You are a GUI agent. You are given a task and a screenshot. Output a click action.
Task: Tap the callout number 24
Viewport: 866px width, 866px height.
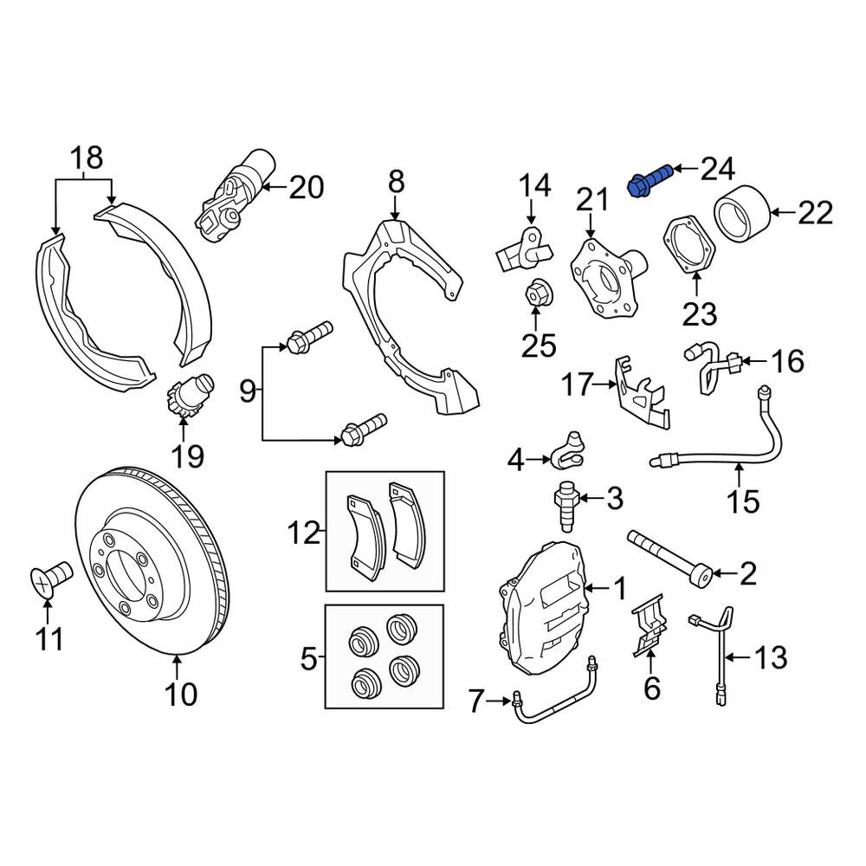718,169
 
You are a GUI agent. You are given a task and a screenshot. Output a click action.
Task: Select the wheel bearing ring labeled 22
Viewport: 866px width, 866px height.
743,214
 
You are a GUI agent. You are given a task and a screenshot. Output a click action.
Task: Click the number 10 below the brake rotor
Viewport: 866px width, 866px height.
181,694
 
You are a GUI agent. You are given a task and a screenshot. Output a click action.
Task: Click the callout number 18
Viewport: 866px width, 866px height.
86,158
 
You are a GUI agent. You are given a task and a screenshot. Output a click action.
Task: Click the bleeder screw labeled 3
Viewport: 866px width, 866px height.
565,506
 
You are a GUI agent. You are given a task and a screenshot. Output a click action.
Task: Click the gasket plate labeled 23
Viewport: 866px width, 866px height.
688,246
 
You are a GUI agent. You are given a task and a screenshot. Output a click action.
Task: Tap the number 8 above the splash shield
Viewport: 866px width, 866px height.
396,182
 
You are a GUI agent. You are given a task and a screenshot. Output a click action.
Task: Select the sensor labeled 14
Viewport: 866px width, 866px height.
524,251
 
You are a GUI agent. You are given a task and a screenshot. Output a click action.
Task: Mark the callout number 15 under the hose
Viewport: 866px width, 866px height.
743,502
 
